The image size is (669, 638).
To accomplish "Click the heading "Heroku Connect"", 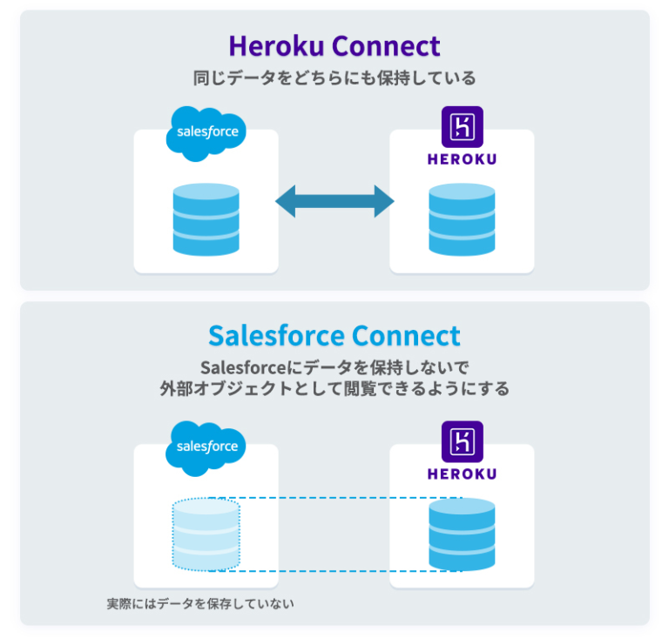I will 334,45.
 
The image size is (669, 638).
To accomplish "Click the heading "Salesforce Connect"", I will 334,335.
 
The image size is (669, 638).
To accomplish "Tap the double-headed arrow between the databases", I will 334,201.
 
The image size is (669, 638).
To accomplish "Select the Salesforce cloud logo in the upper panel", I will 206,132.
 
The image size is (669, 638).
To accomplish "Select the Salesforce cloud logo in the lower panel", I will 206,447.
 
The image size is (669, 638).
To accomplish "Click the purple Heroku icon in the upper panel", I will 462,127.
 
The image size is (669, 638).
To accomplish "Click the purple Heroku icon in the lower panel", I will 462,442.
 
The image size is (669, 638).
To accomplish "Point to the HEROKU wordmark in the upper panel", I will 462,159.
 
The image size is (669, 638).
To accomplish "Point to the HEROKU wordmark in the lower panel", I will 462,474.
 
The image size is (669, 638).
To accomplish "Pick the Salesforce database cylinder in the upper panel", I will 206,219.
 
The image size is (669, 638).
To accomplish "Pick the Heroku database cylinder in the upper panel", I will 462,219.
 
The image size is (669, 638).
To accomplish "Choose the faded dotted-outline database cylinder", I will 206,534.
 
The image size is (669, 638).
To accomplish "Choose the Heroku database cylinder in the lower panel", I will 462,534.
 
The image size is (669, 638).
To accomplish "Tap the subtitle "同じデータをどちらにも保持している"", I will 334,78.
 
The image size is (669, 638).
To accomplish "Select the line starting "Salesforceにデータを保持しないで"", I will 334,366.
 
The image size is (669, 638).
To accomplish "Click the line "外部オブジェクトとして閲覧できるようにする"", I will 334,388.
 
